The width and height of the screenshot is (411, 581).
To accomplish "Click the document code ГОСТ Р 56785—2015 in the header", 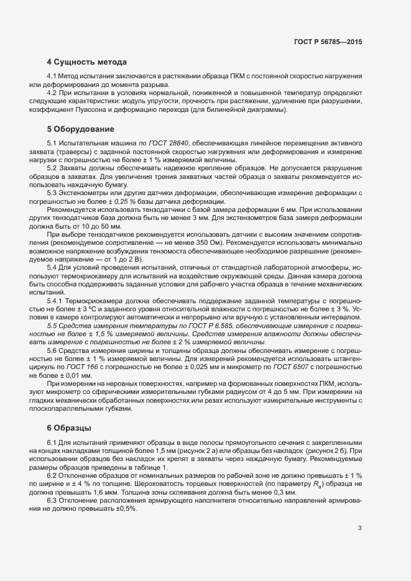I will click(x=328, y=42).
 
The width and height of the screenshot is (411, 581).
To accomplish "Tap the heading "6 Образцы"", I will click(x=70, y=428).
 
